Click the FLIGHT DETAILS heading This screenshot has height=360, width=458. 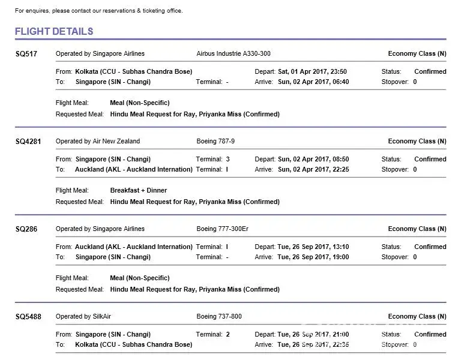pyautogui.click(x=54, y=31)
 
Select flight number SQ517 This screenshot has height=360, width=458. pyautogui.click(x=26, y=54)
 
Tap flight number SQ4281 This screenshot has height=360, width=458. pyautogui.click(x=28, y=142)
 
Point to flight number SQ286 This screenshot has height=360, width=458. pyautogui.click(x=26, y=229)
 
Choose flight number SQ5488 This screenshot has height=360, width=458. pyautogui.click(x=28, y=317)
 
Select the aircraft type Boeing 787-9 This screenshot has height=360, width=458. pyautogui.click(x=215, y=141)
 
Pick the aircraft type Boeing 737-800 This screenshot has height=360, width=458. pyautogui.click(x=219, y=316)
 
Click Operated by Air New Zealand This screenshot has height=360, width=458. pyautogui.click(x=98, y=141)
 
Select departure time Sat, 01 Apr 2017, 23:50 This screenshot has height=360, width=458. pyautogui.click(x=313, y=71)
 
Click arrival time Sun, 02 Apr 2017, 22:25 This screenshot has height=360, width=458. pyautogui.click(x=313, y=169)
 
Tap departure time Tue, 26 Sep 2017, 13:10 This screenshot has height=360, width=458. pyautogui.click(x=313, y=247)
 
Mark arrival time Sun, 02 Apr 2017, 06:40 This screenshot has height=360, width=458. pyautogui.click(x=313, y=82)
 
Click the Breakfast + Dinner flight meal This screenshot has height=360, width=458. pyautogui.click(x=139, y=190)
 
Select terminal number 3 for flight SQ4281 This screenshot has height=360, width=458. pyautogui.click(x=227, y=159)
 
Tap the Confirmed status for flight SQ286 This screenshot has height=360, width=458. pyautogui.click(x=430, y=247)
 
